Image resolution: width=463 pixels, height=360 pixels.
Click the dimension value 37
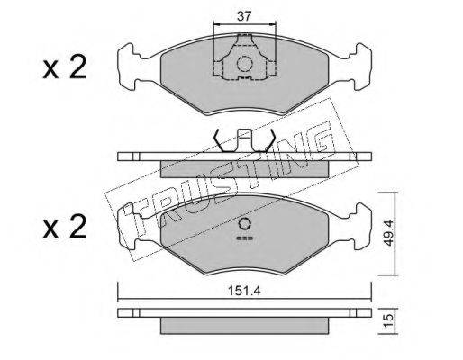244,16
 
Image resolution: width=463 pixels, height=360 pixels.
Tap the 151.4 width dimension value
244,291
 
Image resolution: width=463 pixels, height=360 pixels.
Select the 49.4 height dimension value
389,232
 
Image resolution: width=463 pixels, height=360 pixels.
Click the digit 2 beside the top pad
77,67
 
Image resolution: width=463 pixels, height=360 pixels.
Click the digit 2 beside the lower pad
77,227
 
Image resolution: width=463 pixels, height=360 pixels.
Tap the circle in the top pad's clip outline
244,64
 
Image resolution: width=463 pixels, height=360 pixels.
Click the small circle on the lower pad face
245,224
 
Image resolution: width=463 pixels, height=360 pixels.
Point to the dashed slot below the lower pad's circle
245,238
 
